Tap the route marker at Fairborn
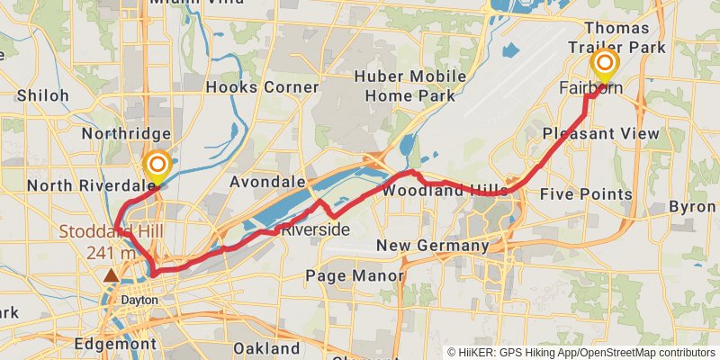[x=605, y=63]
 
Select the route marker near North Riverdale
[x=157, y=165]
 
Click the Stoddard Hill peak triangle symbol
[x=111, y=275]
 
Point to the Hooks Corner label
[x=262, y=87]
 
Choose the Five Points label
[x=586, y=194]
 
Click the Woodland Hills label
[x=444, y=192]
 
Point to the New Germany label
[x=432, y=246]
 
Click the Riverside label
[x=315, y=230]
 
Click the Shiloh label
[x=42, y=95]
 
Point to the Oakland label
[x=266, y=347]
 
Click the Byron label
[x=693, y=207]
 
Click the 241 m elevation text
[x=112, y=253]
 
